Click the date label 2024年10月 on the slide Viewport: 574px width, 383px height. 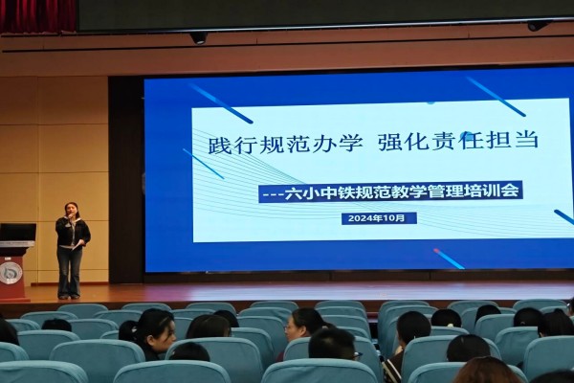coord(379,218)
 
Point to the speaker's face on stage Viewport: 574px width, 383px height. coord(69,211)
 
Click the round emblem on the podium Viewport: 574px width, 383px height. coord(8,273)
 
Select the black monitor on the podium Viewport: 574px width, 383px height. coord(17,233)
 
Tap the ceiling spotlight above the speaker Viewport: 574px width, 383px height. coord(199,37)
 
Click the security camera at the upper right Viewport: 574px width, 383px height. coord(537,26)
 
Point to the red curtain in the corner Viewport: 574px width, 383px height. coord(37,16)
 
